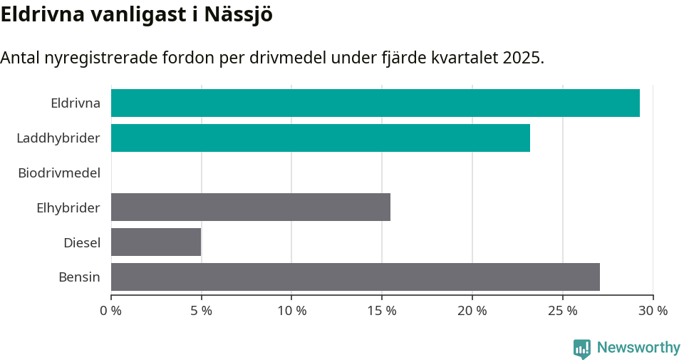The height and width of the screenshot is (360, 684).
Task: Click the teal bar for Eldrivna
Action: click(375, 103)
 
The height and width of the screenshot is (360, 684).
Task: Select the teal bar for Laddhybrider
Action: click(321, 138)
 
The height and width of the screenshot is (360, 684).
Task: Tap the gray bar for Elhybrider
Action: click(251, 207)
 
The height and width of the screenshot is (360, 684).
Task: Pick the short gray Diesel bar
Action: click(156, 242)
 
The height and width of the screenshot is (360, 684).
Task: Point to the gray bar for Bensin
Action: click(356, 277)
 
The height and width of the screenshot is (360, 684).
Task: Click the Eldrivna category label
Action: click(76, 103)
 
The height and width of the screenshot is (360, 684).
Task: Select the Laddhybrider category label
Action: click(58, 138)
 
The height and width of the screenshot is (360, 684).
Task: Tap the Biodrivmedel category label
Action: click(59, 173)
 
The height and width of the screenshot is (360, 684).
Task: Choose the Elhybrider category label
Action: click(68, 207)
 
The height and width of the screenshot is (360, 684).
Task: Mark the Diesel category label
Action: click(82, 242)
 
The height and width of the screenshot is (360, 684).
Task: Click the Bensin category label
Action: click(79, 277)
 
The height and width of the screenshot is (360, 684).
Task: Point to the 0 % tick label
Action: click(111, 311)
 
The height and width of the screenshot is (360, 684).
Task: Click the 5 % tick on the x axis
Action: click(202, 311)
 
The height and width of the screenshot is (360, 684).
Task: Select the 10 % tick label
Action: click(291, 311)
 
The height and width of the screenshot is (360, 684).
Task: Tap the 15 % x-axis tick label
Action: click(382, 311)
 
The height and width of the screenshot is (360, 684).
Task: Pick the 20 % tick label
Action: click(472, 311)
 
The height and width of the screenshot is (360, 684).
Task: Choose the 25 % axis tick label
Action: click(562, 311)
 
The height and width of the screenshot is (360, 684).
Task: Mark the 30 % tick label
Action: click(653, 311)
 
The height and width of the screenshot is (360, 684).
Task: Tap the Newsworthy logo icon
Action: click(582, 349)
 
